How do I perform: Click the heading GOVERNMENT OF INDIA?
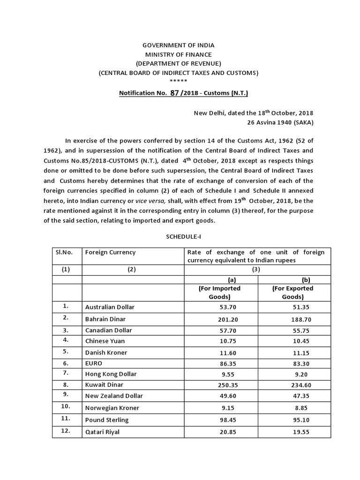click(x=178, y=45)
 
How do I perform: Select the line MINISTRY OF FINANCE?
click(x=178, y=54)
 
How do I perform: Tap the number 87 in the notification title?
click(x=175, y=93)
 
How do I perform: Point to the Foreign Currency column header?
click(x=110, y=252)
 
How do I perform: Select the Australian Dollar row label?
click(x=110, y=307)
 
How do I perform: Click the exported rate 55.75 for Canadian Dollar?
click(x=293, y=331)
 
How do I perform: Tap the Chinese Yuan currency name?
click(x=105, y=341)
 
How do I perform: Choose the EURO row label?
click(x=94, y=363)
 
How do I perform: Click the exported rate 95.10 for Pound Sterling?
click(x=293, y=420)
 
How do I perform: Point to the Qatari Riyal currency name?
click(x=102, y=432)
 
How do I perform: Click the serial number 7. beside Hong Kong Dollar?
click(x=66, y=373)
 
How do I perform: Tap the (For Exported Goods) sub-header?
click(x=293, y=292)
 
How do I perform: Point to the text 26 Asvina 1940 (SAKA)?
click(x=280, y=122)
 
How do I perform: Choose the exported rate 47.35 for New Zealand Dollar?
click(x=293, y=396)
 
